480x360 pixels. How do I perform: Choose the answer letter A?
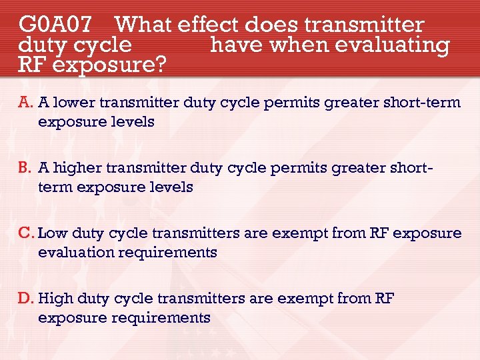[25, 103]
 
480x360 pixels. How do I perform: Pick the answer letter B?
[25, 168]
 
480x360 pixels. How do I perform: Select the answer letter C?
[26, 233]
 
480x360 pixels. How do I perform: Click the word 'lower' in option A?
[71, 103]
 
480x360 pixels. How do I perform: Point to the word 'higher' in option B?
[75, 168]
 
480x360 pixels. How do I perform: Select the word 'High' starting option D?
[56, 299]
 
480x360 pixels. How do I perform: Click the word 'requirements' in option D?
[161, 318]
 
